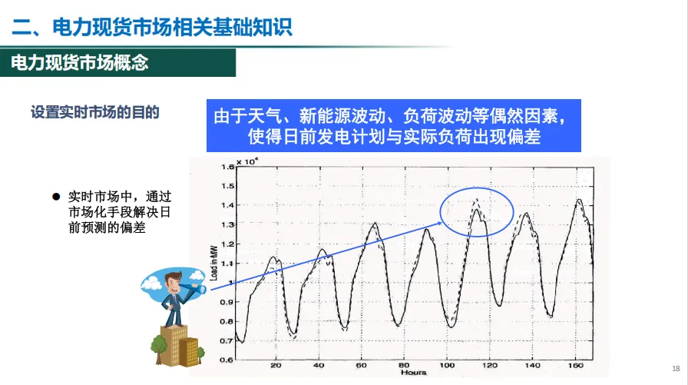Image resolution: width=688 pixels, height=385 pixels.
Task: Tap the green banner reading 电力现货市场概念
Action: pos(80,63)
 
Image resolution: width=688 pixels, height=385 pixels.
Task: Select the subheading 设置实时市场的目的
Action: pos(95,112)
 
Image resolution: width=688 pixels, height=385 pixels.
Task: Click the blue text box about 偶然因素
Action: pos(392,126)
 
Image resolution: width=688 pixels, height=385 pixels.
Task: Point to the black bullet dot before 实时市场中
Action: pos(56,196)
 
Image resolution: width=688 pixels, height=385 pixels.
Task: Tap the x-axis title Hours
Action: pos(412,373)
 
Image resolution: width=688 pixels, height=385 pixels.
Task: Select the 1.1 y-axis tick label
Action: pos(227,263)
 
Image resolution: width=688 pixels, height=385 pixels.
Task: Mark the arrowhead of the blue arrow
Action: pos(440,222)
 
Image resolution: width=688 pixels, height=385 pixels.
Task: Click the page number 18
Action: pos(676,367)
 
